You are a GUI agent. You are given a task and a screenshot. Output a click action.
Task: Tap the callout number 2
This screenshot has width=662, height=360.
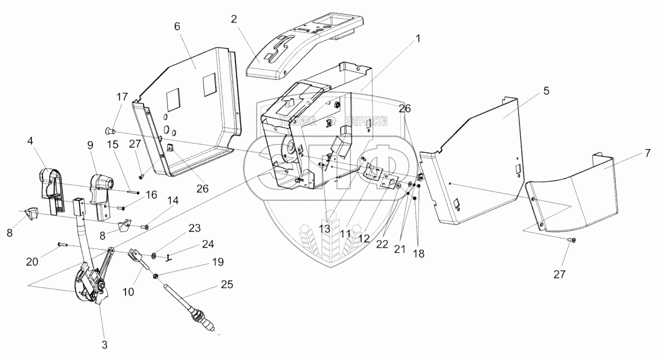pyautogui.click(x=234, y=19)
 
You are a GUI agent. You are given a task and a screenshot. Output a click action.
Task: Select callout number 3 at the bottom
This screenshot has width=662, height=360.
pyautogui.click(x=105, y=344)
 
